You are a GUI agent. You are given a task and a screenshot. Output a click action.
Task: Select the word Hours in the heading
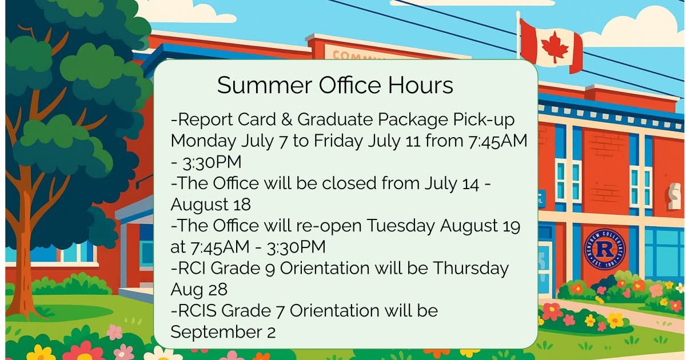[x=421, y=86]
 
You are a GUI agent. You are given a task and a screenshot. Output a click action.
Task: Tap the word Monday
[x=201, y=141]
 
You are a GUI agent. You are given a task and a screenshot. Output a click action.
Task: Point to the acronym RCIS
[x=196, y=311]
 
